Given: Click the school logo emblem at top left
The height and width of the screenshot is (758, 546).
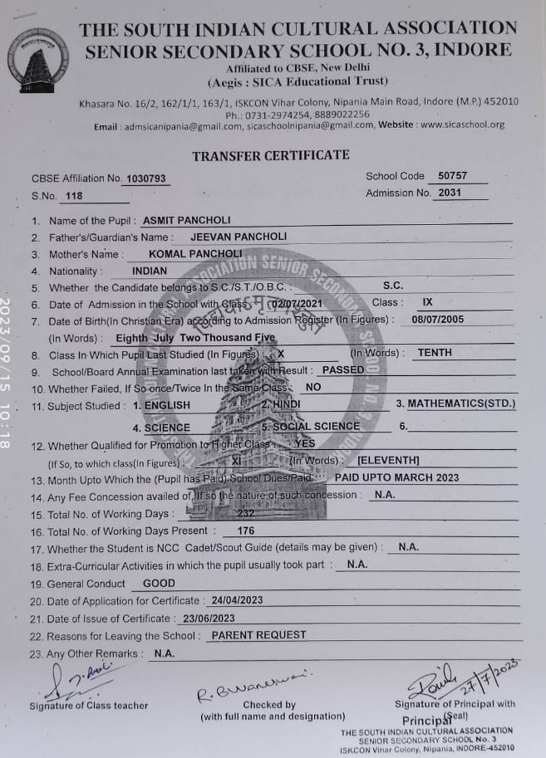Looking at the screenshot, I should (37, 61).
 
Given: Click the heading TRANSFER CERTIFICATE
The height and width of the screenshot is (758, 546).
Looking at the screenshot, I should (271, 155).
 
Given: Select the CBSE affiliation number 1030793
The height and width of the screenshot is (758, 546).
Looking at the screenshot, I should (146, 178).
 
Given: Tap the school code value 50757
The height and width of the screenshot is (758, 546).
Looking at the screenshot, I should (452, 176).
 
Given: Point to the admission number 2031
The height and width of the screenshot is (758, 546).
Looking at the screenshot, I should (450, 193).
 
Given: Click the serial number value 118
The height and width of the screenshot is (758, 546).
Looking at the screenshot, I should (74, 196).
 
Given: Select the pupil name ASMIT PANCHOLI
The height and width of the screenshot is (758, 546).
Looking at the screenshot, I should (187, 221).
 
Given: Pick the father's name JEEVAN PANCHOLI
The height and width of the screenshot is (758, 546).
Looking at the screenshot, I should (239, 237).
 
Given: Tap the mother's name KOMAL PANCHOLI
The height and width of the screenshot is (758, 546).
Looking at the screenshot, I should (195, 253).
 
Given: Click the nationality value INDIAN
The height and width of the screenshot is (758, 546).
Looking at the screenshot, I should (150, 271).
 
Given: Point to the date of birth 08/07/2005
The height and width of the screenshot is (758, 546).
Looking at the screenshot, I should (438, 320).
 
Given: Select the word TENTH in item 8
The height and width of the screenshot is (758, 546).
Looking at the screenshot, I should (435, 353).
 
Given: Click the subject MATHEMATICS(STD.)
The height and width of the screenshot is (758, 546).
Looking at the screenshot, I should (461, 404).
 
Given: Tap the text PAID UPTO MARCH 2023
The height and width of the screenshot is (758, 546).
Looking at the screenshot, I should (396, 477).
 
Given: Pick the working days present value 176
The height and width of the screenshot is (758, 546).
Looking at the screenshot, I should (246, 531).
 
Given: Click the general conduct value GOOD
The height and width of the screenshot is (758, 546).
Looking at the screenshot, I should (159, 584).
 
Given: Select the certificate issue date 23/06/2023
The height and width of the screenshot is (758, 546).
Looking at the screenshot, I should (209, 618).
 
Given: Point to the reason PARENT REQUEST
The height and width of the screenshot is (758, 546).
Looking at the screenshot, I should (258, 635).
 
